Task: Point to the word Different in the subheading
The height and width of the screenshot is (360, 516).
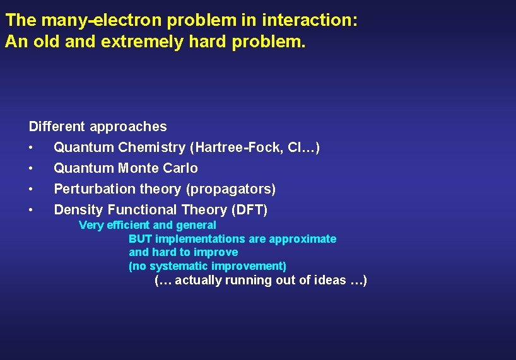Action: pos(57,127)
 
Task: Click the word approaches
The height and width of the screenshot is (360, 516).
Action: pos(128,127)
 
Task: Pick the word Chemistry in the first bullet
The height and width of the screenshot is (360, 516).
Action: pos(153,148)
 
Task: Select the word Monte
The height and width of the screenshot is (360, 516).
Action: pos(138,168)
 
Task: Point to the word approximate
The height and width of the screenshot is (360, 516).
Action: pos(302,239)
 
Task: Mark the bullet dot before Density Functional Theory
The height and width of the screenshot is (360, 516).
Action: pos(30,210)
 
